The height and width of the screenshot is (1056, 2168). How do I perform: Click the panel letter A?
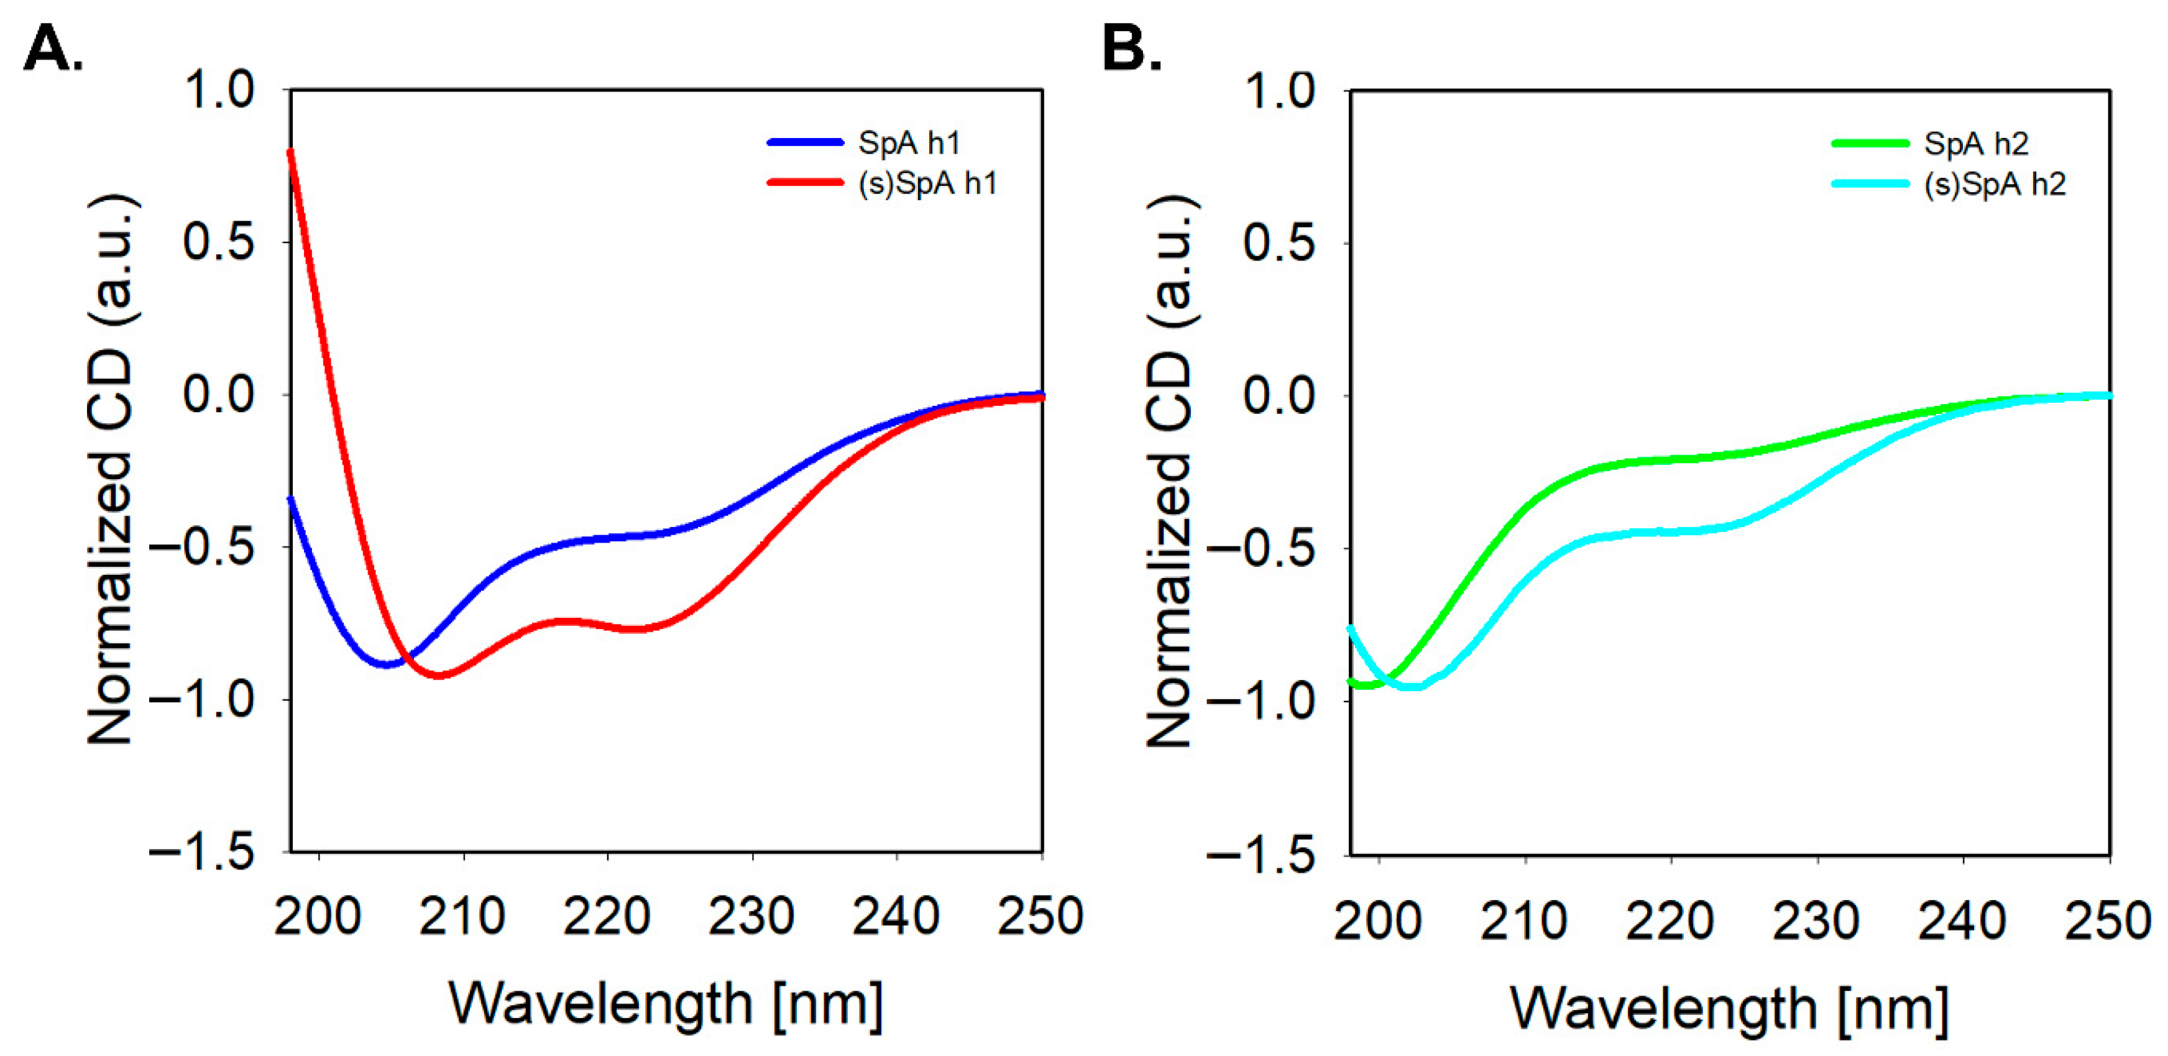(x=52, y=49)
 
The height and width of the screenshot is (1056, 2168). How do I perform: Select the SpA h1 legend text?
(x=909, y=143)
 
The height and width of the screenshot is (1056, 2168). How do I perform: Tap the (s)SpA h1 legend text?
(x=927, y=183)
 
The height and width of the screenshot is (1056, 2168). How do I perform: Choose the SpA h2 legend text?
(x=1976, y=144)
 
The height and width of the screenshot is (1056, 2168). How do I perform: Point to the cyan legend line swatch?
(x=1870, y=184)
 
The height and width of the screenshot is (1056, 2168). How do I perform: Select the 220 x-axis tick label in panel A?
(x=607, y=916)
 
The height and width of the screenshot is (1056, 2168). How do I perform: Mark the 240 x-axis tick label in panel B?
(x=1962, y=921)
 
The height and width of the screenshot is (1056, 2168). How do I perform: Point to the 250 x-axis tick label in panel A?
(x=1040, y=916)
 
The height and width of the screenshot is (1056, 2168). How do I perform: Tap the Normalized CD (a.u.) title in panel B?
(x=1170, y=471)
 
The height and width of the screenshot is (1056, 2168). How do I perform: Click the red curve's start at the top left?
(x=291, y=152)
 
